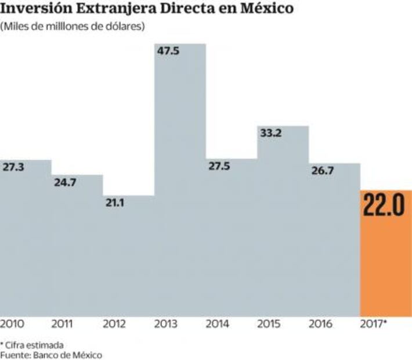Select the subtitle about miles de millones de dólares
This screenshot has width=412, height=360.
[x=73, y=27]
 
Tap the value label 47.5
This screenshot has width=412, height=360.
[x=168, y=51]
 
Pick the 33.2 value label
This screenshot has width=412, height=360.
[x=271, y=132]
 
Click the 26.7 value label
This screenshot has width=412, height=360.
[x=321, y=171]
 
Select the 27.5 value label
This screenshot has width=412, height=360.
[x=219, y=167]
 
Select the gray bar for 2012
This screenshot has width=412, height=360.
[x=128, y=261]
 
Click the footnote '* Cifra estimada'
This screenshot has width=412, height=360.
[x=32, y=344]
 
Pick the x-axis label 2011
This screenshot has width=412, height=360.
[x=63, y=324]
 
